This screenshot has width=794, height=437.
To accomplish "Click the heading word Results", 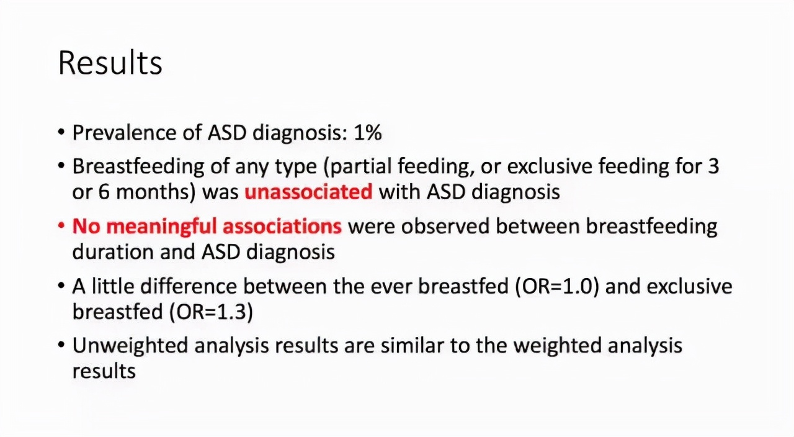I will point(110,63).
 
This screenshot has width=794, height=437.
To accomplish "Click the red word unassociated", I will point(308,192).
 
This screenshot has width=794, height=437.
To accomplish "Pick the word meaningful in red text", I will point(161,227).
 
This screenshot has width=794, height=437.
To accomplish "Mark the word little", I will point(114,287).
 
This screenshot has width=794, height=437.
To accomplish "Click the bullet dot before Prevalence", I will point(61,133).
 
